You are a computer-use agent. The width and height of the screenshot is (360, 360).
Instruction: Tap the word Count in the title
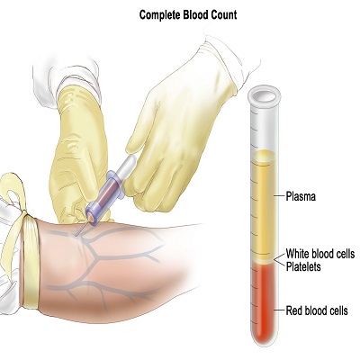coord(223,14)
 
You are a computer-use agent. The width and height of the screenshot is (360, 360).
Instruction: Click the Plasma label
coord(301,196)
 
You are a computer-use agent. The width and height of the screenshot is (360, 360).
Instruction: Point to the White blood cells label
coord(320,254)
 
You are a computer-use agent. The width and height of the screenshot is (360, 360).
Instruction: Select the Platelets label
coord(303,266)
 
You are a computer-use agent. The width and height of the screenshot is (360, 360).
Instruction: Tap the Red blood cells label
coord(317,310)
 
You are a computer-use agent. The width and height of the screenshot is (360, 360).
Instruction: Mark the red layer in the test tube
coord(264,303)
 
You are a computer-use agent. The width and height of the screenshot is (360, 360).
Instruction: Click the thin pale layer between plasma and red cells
coord(264,261)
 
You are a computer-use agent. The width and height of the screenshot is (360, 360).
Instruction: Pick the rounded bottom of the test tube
coord(264,339)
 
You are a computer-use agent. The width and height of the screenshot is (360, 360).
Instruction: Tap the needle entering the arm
coord(82,229)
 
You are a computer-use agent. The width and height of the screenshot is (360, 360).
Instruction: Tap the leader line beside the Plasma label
coord(279,196)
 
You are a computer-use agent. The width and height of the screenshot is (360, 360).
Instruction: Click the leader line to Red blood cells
coord(279,310)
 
